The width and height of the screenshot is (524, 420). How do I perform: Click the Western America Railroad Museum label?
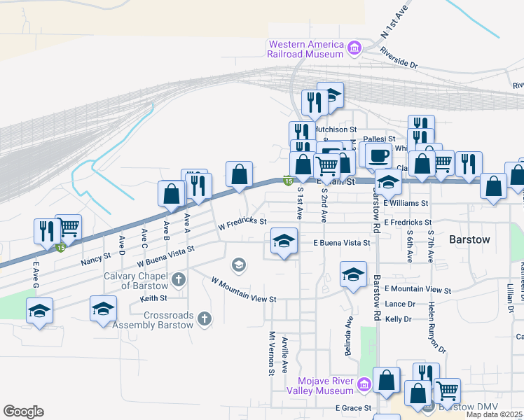click(306, 48)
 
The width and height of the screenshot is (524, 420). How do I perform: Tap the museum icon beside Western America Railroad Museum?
click(354, 48)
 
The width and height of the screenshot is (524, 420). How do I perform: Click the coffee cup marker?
click(378, 155)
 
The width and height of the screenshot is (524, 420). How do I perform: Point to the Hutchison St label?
click(335, 129)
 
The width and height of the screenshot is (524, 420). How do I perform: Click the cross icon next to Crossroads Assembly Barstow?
click(205, 319)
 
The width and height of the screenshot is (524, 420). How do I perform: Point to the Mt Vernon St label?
click(270, 353)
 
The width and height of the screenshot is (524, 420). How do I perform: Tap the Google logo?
click(23, 412)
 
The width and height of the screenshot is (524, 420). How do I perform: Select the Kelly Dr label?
click(398, 318)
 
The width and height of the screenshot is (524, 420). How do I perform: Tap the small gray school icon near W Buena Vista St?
click(238, 264)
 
